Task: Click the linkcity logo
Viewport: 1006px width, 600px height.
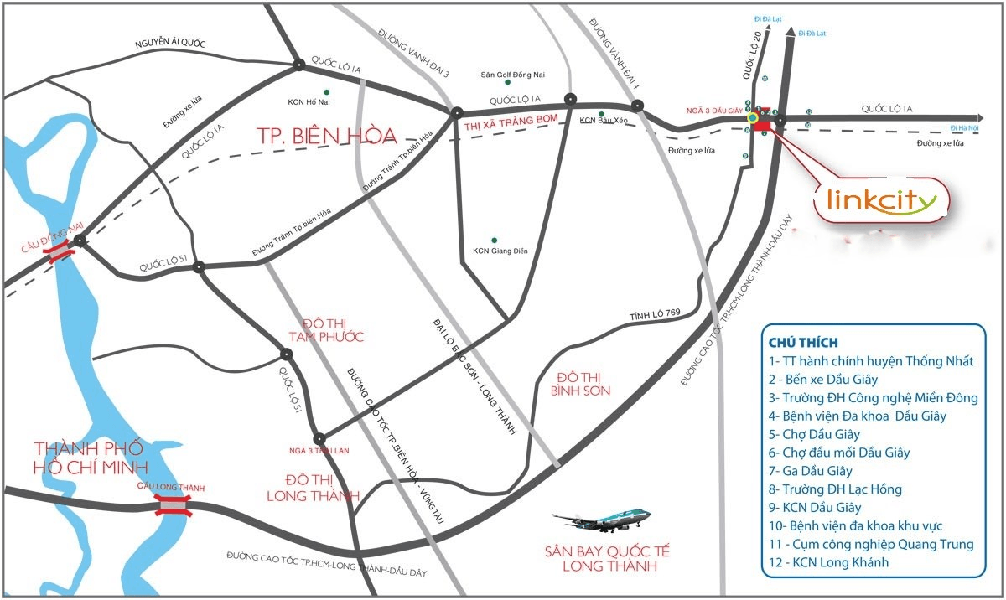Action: (x=881, y=200)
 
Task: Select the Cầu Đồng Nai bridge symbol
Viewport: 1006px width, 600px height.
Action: (x=60, y=252)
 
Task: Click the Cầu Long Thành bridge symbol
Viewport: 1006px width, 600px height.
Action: (x=172, y=504)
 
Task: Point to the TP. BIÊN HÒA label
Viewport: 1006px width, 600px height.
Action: (x=324, y=136)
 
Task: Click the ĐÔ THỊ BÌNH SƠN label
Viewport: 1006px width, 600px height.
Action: (x=581, y=384)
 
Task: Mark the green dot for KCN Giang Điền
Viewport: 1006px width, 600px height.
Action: (x=495, y=240)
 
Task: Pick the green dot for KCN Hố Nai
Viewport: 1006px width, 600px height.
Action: (x=326, y=91)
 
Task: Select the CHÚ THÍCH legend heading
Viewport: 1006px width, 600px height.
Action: (x=803, y=342)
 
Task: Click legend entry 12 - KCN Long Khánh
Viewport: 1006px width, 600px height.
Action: (x=828, y=562)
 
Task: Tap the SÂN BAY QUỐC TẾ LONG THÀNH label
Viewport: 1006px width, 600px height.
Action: (x=608, y=558)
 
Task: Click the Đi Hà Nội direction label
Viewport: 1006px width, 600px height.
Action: (x=965, y=127)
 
